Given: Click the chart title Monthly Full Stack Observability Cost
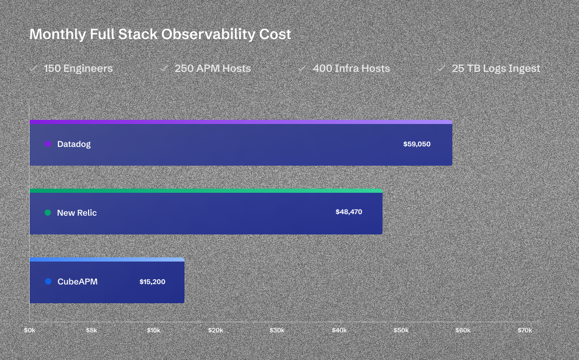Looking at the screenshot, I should [160, 34].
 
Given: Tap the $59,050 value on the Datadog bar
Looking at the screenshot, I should [417, 144].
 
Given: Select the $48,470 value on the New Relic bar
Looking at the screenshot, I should [349, 213].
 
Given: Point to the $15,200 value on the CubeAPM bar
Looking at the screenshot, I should [152, 282].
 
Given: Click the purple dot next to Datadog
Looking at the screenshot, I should [48, 144].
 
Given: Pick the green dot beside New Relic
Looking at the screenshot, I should [48, 213].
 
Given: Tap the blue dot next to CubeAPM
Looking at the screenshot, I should [48, 282].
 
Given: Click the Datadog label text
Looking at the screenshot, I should [74, 144].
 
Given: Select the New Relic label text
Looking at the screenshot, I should [77, 213].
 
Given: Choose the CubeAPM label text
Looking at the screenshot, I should [77, 282].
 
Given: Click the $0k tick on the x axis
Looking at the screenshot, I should [30, 330].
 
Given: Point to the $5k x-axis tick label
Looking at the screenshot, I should [92, 330].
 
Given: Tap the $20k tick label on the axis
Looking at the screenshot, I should [216, 330].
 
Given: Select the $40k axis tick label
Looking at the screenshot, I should [339, 330].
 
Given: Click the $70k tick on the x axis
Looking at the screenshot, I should [525, 330].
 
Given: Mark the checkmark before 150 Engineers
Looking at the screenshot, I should [33, 68].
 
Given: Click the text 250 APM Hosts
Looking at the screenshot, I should [213, 68].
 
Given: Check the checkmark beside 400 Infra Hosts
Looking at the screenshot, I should [302, 68].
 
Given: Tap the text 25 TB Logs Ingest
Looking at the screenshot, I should [496, 68].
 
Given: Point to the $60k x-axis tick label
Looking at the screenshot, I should [463, 330].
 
